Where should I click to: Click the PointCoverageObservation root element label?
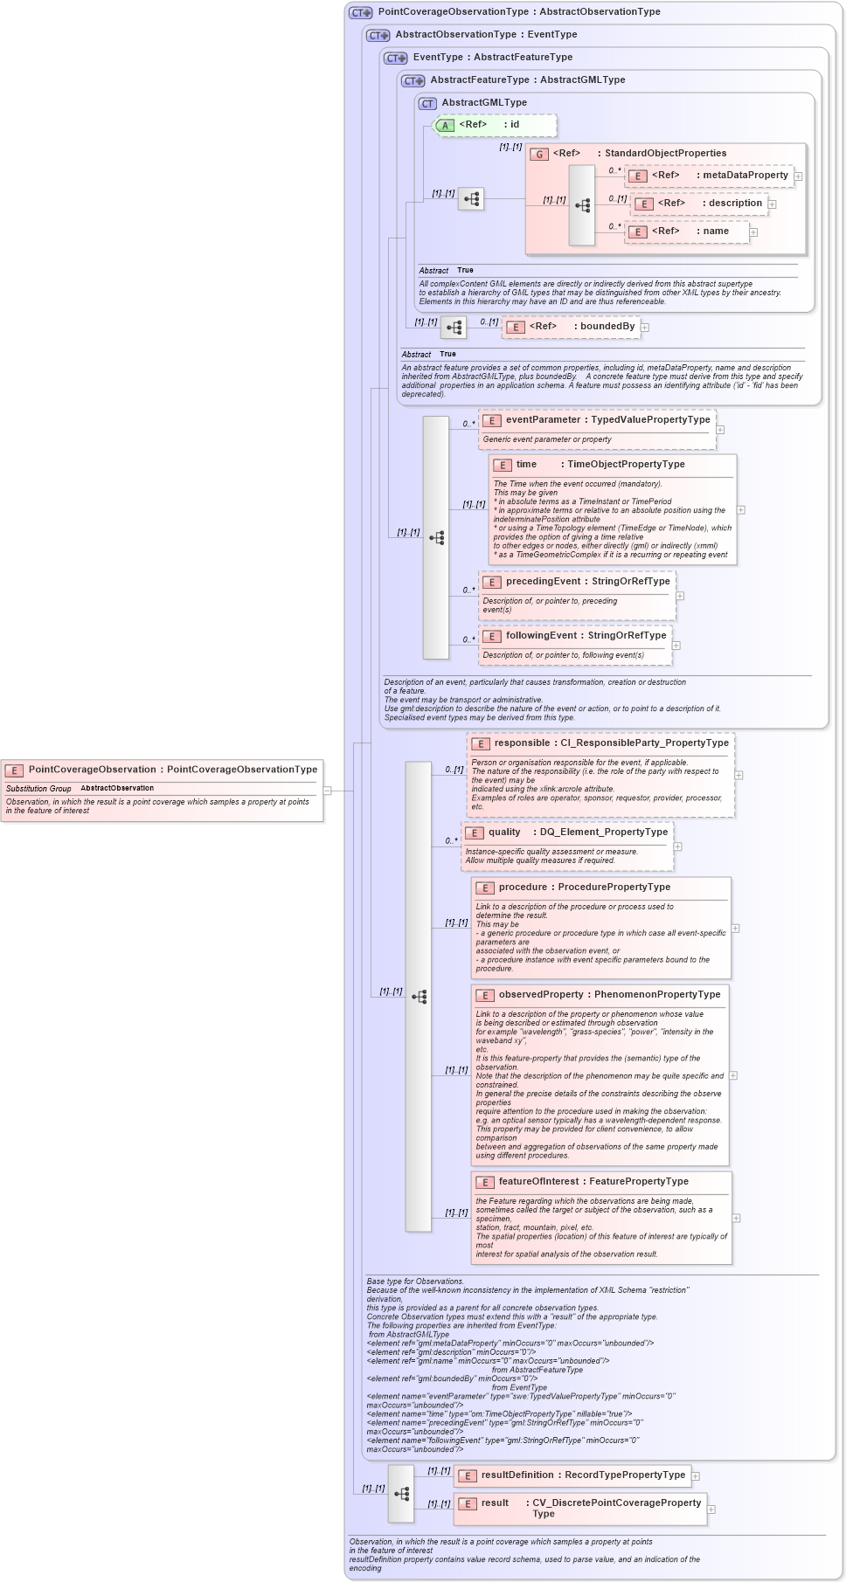click(92, 770)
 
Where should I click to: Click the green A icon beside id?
click(445, 125)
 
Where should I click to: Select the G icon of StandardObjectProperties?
click(539, 154)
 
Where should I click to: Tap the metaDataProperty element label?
click(745, 175)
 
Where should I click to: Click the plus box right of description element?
click(772, 204)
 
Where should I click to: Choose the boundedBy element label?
click(607, 326)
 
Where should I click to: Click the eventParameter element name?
click(543, 419)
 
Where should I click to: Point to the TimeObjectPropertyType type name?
click(626, 464)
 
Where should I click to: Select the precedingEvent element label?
click(543, 581)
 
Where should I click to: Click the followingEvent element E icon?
click(491, 636)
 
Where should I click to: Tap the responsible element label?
click(522, 743)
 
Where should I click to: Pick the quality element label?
click(504, 832)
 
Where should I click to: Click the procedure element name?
click(523, 887)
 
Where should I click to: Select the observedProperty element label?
click(541, 994)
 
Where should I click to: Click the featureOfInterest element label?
click(537, 1181)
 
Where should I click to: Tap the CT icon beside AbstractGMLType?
click(427, 103)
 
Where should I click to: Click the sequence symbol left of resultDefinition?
click(401, 1494)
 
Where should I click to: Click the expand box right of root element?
click(328, 791)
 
